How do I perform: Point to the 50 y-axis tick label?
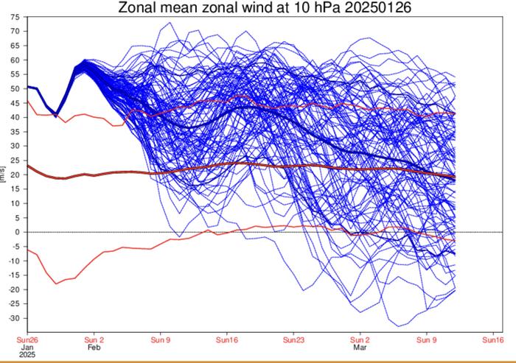[x=15, y=88]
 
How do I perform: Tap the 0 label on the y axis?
[x=17, y=232]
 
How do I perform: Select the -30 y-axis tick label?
[x=13, y=318]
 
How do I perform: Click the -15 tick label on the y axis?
[x=13, y=275]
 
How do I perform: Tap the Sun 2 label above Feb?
[x=94, y=339]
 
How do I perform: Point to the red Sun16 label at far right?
[x=492, y=339]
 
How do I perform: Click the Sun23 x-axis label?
[x=293, y=339]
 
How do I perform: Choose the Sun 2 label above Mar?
[x=360, y=339]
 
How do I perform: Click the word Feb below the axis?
[x=94, y=347]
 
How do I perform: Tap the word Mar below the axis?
[x=360, y=347]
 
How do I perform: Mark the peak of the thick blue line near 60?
[x=86, y=61]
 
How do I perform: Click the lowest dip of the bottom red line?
[x=56, y=283]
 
